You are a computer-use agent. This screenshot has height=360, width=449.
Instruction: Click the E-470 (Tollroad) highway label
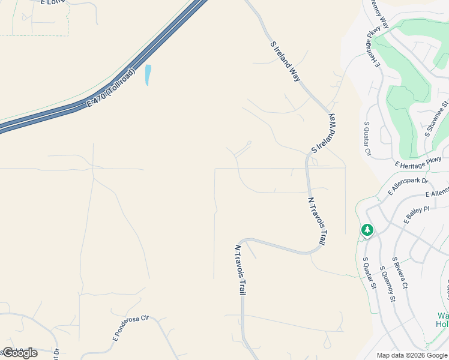[x=112, y=90]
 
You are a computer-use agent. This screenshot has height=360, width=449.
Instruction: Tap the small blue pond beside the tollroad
[x=148, y=75]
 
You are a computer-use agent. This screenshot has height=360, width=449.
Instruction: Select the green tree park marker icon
[x=367, y=230]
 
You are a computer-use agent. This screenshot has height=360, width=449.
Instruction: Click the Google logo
[x=20, y=352]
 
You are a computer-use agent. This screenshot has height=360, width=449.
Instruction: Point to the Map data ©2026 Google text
[x=412, y=355]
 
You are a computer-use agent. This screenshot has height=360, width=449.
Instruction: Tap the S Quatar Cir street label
[x=367, y=139]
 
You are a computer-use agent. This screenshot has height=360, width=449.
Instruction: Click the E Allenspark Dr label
[x=408, y=185]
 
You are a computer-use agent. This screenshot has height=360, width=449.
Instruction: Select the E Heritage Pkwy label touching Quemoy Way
[x=371, y=46]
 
